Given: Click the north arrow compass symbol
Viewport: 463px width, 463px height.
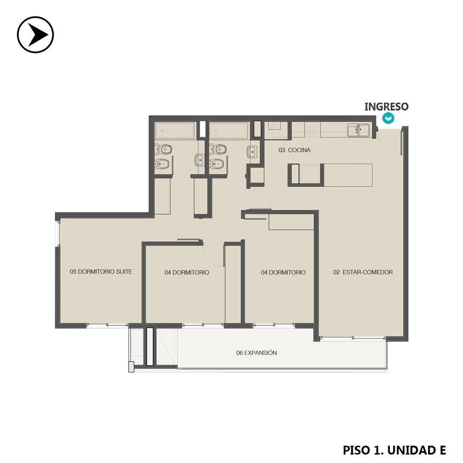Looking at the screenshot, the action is (x=35, y=34).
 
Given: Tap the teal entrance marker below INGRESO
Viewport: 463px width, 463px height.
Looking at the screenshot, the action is (x=388, y=118).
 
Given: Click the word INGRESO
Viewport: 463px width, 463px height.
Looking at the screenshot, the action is (x=386, y=106).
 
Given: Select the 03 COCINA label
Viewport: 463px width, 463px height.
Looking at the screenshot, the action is (x=294, y=150).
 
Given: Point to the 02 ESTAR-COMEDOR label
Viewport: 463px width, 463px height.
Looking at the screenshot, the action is (x=363, y=272).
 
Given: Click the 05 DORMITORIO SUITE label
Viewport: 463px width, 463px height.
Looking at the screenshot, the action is (x=101, y=271).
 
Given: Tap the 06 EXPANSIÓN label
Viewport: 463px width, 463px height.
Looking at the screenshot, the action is (x=257, y=352).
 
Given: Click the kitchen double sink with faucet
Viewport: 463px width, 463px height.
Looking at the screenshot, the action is (x=359, y=130).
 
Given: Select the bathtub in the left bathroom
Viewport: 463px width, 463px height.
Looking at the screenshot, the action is (x=175, y=131).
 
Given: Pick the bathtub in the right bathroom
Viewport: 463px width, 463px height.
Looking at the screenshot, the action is (x=228, y=131).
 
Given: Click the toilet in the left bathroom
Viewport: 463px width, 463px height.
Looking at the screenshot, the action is (x=163, y=149).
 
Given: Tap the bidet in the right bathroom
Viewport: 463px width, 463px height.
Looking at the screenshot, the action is (x=217, y=164).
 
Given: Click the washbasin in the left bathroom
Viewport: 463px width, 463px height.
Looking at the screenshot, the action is (x=200, y=161).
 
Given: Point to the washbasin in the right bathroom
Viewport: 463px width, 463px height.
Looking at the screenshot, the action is (x=252, y=152).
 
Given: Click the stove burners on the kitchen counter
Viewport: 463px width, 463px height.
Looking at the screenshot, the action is (x=312, y=130).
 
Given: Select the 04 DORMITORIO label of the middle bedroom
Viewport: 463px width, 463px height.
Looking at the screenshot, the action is (x=187, y=272).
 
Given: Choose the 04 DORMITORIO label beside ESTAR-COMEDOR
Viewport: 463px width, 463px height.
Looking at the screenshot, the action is (x=283, y=272).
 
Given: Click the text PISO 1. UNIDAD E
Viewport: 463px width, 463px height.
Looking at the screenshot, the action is (x=394, y=450).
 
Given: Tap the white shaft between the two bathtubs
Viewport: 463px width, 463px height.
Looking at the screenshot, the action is (x=202, y=129).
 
